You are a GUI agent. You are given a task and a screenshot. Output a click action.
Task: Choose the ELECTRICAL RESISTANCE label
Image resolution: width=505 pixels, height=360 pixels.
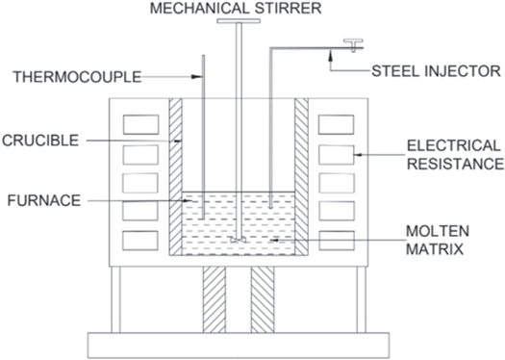point(452,153)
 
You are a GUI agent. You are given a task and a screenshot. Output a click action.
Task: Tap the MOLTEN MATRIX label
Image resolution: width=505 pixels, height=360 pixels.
point(439,241)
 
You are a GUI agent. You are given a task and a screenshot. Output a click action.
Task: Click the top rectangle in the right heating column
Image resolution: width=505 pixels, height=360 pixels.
point(335,124)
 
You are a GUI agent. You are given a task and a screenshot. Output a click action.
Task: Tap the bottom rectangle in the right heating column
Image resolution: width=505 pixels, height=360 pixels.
point(335,240)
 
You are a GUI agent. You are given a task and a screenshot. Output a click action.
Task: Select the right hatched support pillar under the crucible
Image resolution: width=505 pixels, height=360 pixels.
point(263,298)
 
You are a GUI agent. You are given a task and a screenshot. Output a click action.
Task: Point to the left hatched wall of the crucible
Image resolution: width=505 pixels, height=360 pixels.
point(175,173)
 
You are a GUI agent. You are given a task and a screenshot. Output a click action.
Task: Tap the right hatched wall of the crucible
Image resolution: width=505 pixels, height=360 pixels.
point(301,173)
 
